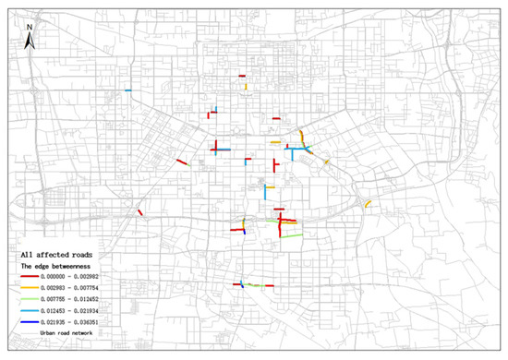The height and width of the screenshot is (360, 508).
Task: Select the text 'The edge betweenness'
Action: (58, 265)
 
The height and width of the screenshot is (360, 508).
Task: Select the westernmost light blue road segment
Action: (128, 90)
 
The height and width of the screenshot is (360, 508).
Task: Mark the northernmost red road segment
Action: (241, 76)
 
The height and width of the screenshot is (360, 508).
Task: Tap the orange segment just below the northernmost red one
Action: (248, 87)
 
